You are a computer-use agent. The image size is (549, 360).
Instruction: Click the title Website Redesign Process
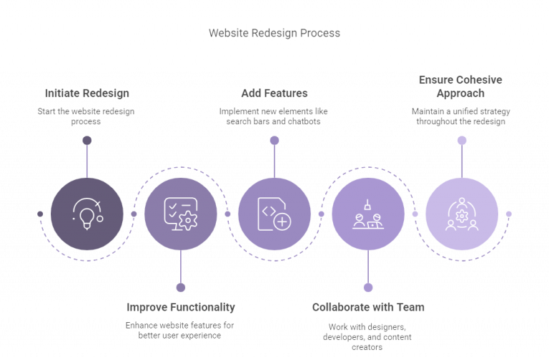point(274,33)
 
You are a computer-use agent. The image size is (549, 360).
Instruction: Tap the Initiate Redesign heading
point(87,94)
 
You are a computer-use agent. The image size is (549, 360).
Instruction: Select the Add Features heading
point(274,94)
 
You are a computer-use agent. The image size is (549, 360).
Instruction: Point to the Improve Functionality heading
point(181,307)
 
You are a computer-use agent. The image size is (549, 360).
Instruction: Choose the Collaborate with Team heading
point(368,307)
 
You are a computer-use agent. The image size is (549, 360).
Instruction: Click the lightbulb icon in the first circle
point(87,213)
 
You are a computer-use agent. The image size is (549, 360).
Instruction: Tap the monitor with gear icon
point(181,213)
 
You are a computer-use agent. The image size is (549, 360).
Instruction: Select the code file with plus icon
point(274,213)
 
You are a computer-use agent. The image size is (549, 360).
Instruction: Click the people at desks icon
point(368,213)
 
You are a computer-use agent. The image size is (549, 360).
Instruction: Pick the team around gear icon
point(462,213)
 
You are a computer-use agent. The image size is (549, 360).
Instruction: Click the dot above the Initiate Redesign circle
point(87,140)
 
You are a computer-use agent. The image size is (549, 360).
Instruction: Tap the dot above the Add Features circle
point(274,140)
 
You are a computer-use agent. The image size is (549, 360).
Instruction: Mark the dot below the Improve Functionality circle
point(181,286)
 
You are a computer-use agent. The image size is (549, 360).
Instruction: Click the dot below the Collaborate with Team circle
point(368,286)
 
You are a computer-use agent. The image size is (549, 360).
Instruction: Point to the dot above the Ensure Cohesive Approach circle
point(462,140)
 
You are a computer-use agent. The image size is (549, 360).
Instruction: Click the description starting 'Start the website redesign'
point(87,116)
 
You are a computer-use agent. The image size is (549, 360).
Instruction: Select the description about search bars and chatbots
point(274,116)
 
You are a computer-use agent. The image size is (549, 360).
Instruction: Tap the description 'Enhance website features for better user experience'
point(181,330)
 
